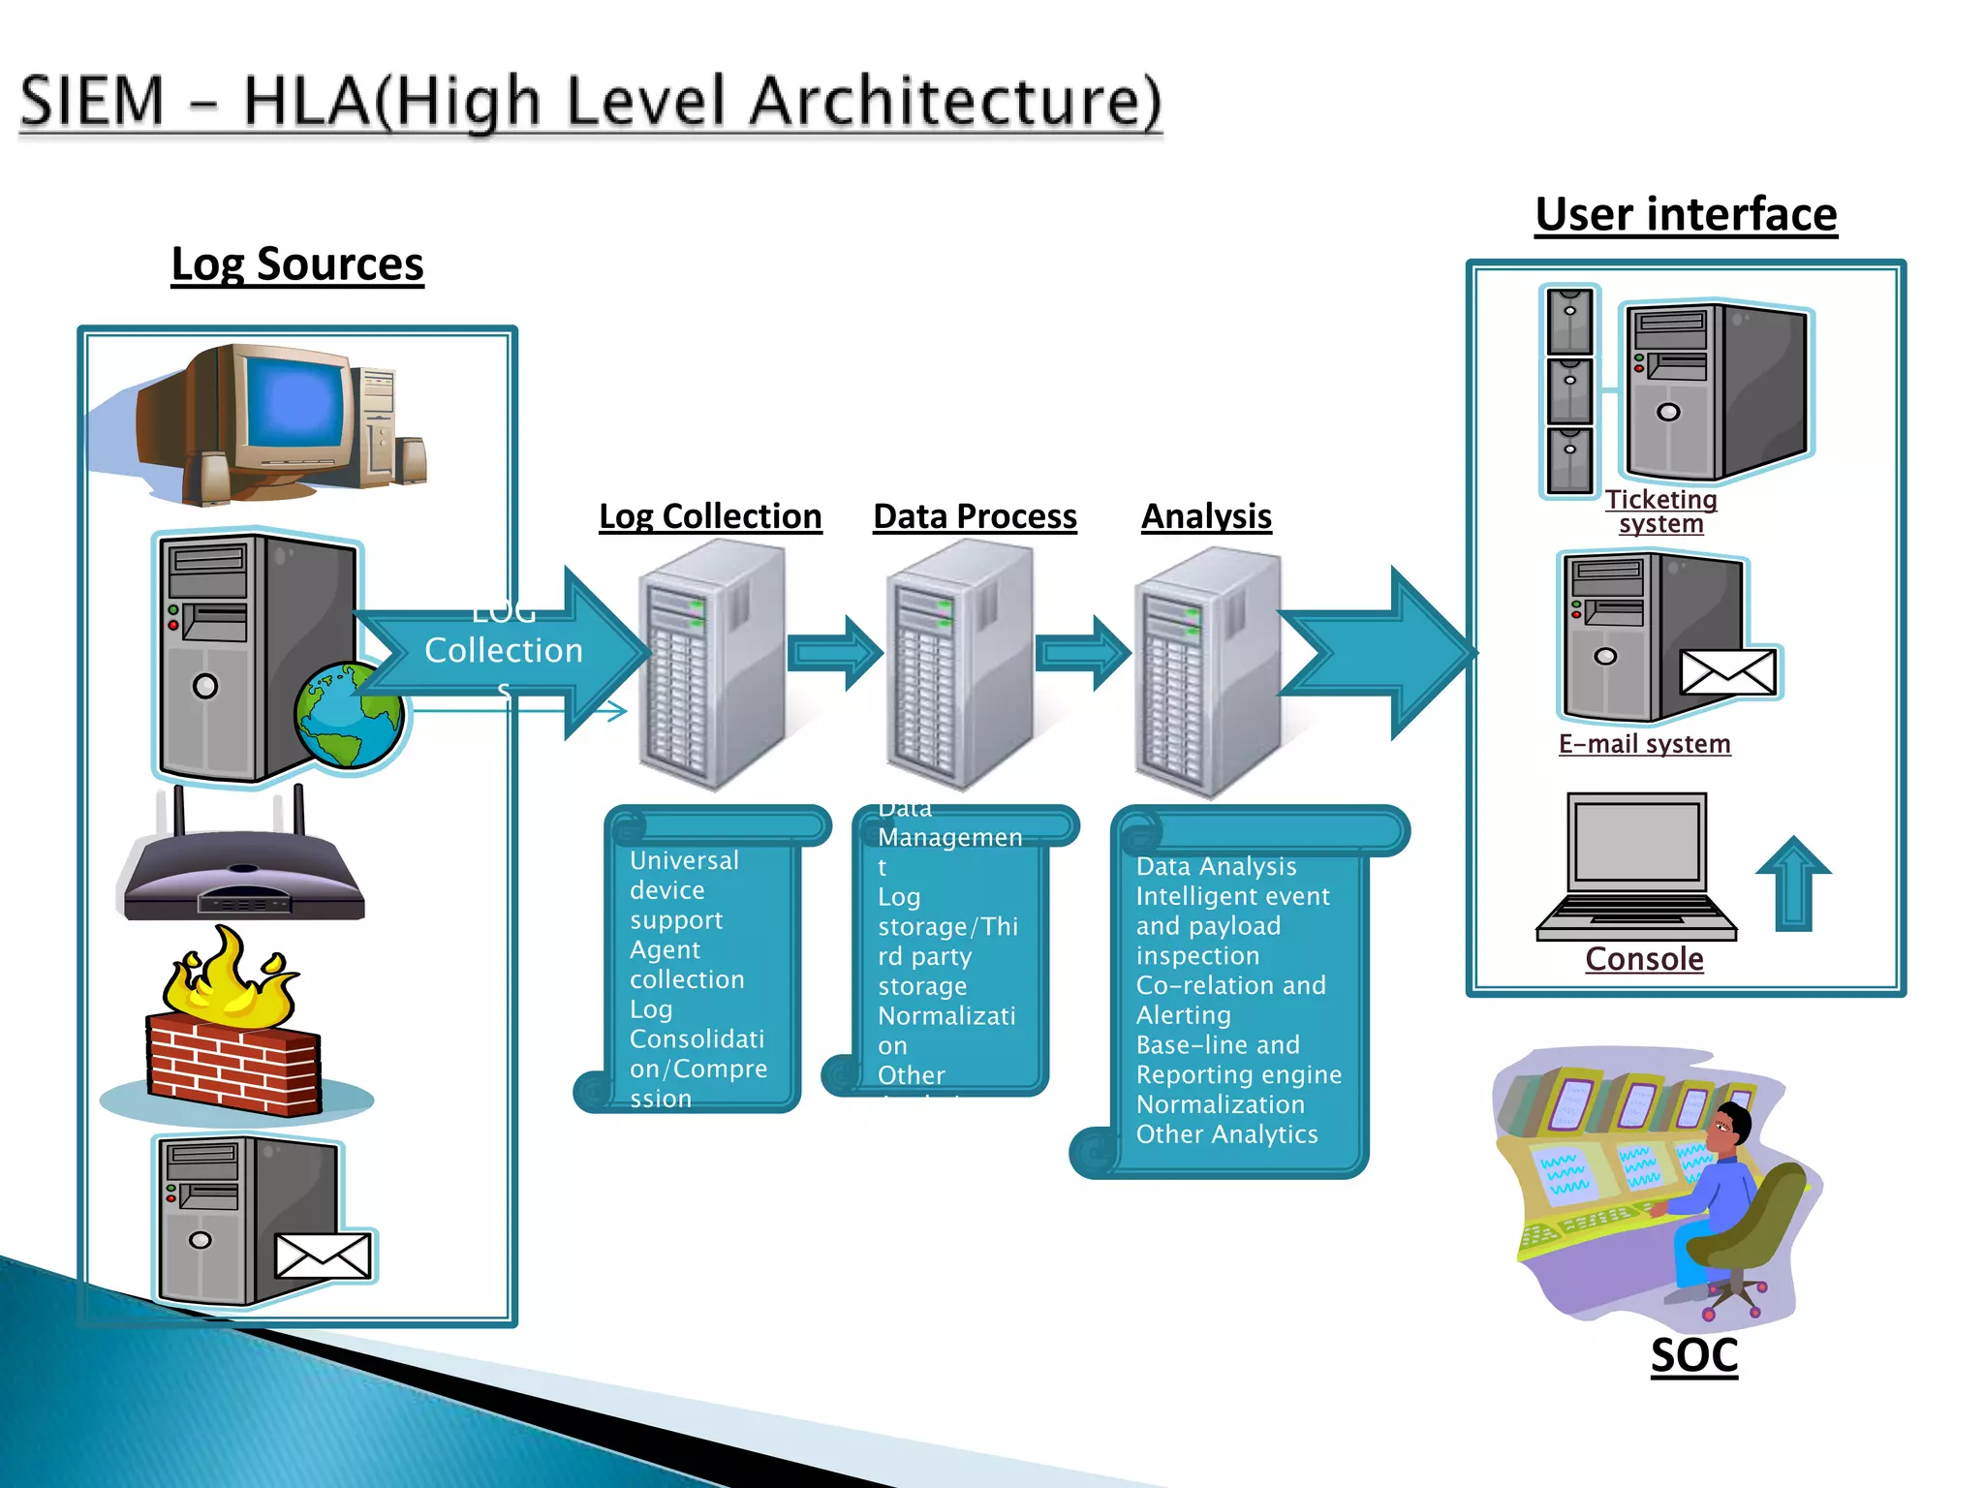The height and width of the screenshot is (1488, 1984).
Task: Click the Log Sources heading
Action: coord(297,264)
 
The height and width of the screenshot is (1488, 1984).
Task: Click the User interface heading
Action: coord(1686,215)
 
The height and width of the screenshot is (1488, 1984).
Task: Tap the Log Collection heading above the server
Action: coord(710,516)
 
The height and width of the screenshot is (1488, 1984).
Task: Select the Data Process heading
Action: coord(975,516)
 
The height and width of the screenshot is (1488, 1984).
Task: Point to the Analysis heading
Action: coord(1206,516)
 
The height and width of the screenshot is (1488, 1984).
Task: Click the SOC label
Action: coord(1694,1355)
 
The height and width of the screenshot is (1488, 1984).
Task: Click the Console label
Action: coord(1644,959)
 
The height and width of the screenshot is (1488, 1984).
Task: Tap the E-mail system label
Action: coord(1644,744)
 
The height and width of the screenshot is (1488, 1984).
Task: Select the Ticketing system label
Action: coord(1660,511)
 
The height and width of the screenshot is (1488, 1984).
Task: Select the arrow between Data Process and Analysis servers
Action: coord(1083,653)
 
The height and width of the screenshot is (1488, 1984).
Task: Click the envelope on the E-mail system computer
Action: coord(1729,672)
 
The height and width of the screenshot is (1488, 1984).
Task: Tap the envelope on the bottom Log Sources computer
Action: coord(323,1256)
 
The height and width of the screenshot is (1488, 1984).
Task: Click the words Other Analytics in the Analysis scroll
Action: coord(1226,1134)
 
